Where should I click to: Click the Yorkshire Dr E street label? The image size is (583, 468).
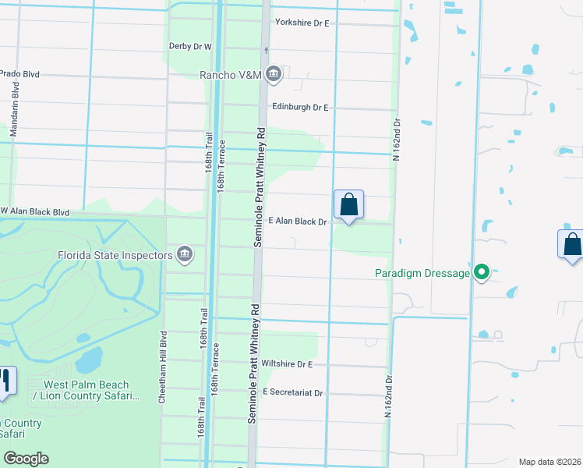[x=302, y=23]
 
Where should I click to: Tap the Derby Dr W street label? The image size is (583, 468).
[x=191, y=47]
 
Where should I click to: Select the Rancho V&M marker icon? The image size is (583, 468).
[x=273, y=75]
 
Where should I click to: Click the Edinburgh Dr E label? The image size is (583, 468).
[x=300, y=107]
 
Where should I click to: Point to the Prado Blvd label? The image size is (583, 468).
[x=19, y=74]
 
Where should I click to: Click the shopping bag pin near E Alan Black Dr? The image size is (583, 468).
[x=348, y=206]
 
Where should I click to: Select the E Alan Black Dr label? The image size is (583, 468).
[x=298, y=222]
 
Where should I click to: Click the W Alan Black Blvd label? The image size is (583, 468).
[x=35, y=211]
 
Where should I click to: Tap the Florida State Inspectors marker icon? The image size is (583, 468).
[x=185, y=253]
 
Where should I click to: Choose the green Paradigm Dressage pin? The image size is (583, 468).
[x=482, y=272]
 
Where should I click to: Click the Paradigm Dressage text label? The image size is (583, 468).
[x=422, y=273]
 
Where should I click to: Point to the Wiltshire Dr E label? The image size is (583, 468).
[x=287, y=363]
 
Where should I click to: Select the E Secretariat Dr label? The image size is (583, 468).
[x=293, y=392]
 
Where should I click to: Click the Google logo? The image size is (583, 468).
[x=26, y=459]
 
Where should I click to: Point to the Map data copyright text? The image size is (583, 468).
[x=550, y=462]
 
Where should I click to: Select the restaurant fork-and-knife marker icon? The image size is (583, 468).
[x=5, y=381]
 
